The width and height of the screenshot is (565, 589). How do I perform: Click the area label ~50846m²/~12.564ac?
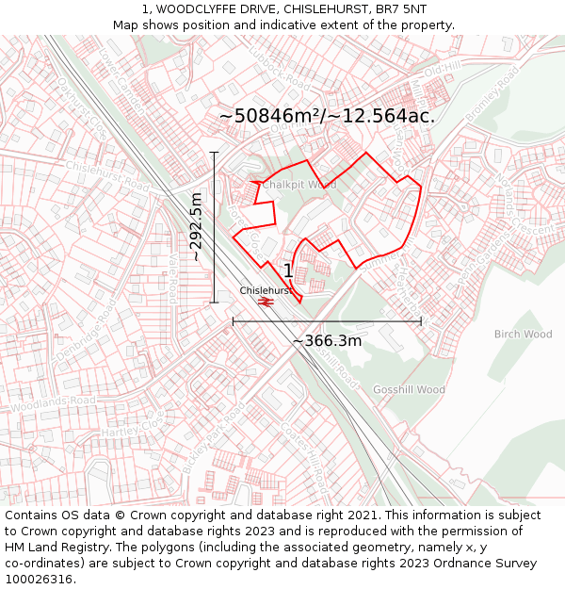[327, 116]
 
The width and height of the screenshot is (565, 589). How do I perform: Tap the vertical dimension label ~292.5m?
[196, 227]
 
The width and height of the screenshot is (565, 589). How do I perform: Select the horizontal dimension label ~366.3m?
[327, 340]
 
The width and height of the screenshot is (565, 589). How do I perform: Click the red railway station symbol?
[266, 302]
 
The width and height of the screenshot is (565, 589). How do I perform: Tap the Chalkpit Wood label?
[299, 185]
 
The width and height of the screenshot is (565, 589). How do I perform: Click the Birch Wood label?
[523, 334]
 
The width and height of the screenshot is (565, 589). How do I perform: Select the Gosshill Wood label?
[408, 389]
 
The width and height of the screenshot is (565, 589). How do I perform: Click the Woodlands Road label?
[54, 404]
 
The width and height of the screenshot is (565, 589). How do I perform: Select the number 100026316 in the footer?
[40, 579]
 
